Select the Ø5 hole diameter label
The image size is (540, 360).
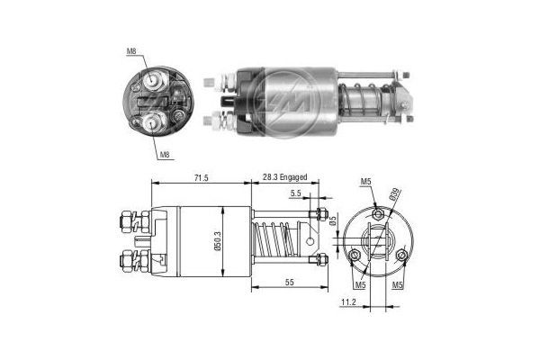(x=331, y=222)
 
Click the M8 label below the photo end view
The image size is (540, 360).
(x=165, y=155)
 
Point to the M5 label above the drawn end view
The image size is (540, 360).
(x=365, y=183)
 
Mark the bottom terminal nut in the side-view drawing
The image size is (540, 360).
(x=127, y=264)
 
